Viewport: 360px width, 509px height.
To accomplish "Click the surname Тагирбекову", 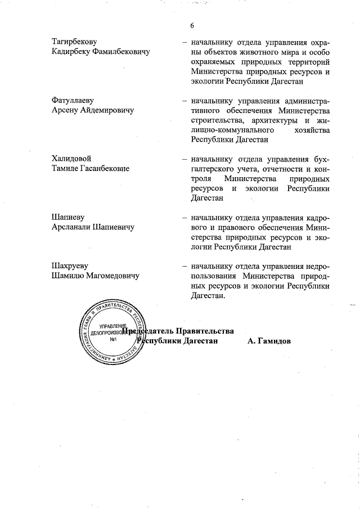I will click(x=74, y=42).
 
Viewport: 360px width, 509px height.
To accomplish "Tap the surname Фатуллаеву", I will click(x=73, y=101).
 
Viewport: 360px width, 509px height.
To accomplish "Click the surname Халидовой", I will click(x=71, y=159).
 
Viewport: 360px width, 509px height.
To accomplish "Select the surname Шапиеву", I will click(x=68, y=218).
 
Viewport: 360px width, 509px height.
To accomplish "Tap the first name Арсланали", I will click(x=73, y=227).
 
